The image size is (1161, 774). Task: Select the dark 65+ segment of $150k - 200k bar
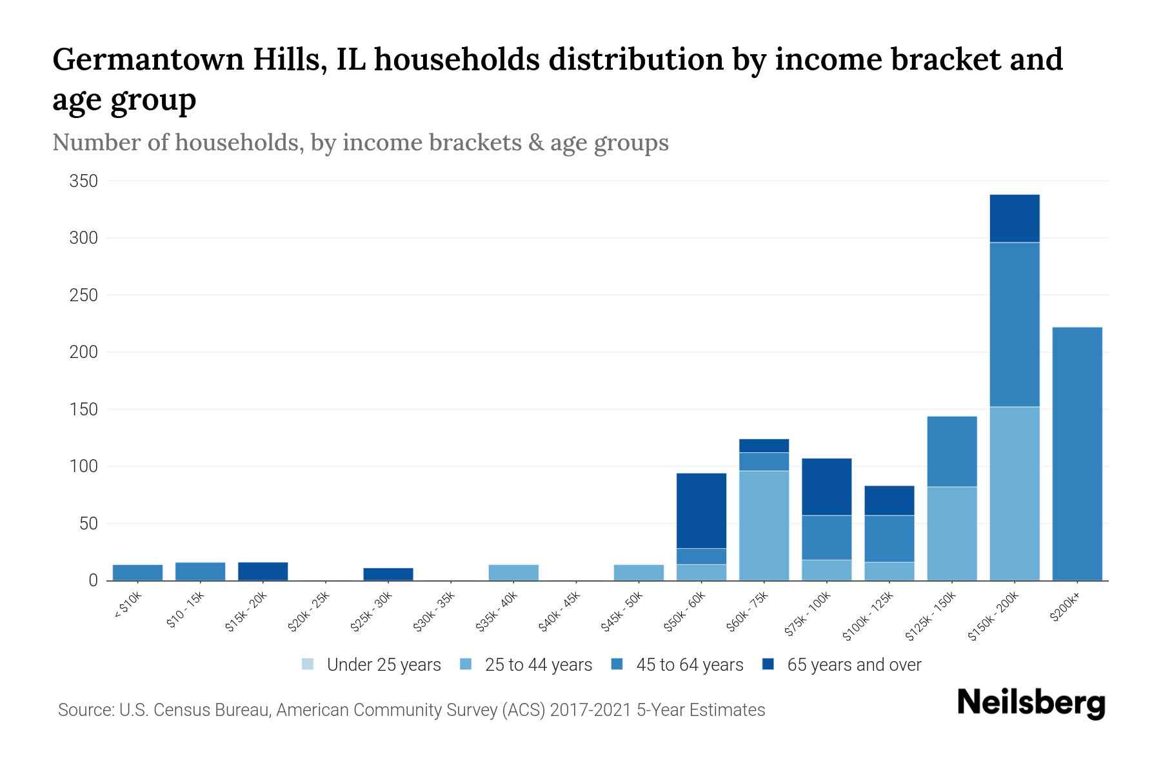1014,218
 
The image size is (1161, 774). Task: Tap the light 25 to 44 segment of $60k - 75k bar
764,525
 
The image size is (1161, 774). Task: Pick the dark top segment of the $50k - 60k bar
701,510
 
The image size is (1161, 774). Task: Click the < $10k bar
137,572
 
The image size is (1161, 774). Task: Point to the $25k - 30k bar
388,573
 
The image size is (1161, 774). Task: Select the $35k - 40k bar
513,572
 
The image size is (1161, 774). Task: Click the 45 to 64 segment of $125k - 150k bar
951,451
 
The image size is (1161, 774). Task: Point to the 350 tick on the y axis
84,181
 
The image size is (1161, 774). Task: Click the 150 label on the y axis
84,410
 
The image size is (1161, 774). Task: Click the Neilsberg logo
1031,703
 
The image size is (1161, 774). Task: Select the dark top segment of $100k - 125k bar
889,500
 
